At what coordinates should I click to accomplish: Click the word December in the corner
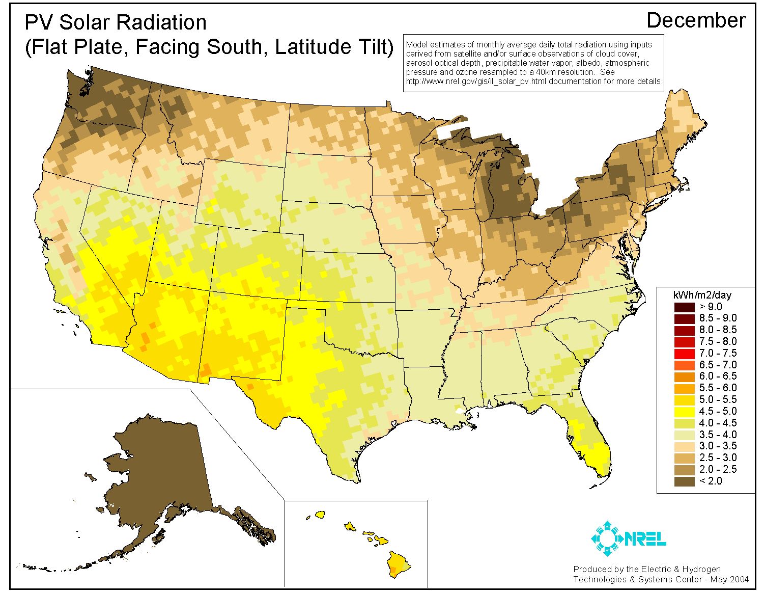pyautogui.click(x=696, y=20)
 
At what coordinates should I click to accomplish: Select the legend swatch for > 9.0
pyautogui.click(x=684, y=307)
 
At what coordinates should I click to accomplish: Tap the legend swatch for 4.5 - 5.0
pyautogui.click(x=684, y=411)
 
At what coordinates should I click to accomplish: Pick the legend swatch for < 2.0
pyautogui.click(x=684, y=481)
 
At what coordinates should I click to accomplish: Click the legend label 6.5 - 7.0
pyautogui.click(x=718, y=365)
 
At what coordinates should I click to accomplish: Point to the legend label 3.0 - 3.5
pyautogui.click(x=718, y=446)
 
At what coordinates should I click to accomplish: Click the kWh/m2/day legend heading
pyautogui.click(x=702, y=295)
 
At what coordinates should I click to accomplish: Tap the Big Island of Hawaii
pyautogui.click(x=398, y=564)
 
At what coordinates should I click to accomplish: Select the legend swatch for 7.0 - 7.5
pyautogui.click(x=684, y=353)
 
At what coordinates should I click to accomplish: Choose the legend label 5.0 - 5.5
pyautogui.click(x=718, y=399)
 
